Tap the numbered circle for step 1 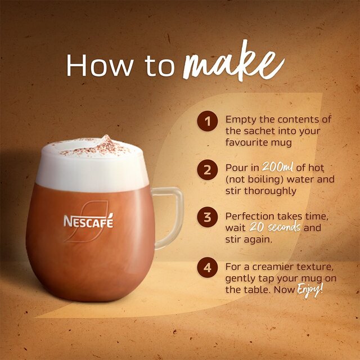coord(208,120)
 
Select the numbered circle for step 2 coord(208,169)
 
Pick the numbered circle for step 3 coord(208,217)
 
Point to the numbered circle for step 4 coord(208,267)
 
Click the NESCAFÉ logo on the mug coord(88,220)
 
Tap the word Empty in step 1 coord(240,120)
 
